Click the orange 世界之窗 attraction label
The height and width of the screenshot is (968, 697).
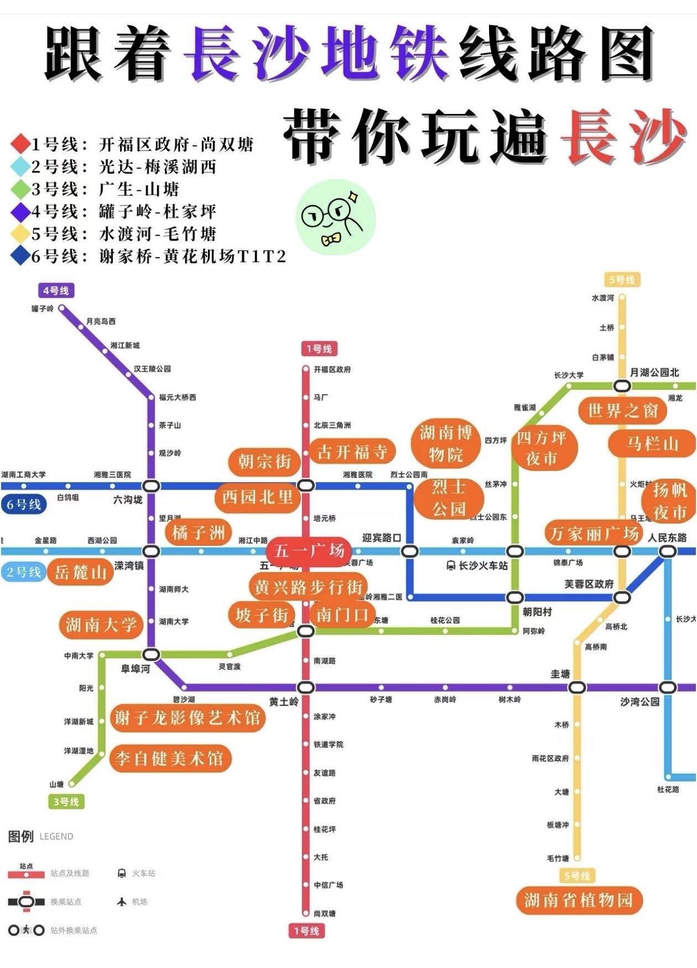tap(622, 411)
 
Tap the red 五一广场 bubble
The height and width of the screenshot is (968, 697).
tap(309, 551)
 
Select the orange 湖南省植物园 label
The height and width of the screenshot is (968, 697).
tap(578, 901)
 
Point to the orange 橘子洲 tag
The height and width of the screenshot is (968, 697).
tap(198, 533)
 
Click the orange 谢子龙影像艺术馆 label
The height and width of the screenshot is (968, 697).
tap(187, 718)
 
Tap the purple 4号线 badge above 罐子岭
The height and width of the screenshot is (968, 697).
tap(56, 291)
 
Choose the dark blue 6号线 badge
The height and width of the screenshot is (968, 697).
tap(24, 505)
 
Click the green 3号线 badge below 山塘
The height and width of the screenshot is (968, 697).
tap(66, 802)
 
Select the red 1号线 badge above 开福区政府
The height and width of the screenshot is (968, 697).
tap(319, 349)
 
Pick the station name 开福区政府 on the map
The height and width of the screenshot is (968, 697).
tap(332, 369)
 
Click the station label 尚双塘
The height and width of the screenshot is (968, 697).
tap(325, 913)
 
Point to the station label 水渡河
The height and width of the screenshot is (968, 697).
tap(602, 298)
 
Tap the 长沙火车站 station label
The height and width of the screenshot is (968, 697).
tap(483, 566)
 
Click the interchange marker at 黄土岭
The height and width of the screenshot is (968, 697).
tap(305, 687)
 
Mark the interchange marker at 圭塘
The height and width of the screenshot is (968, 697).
tap(576, 687)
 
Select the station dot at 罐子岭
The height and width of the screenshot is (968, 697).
tap(62, 308)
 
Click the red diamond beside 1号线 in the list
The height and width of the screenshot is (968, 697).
tap(20, 144)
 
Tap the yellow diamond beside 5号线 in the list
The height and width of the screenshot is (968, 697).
tap(20, 234)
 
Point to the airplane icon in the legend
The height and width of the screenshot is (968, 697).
tap(122, 902)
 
